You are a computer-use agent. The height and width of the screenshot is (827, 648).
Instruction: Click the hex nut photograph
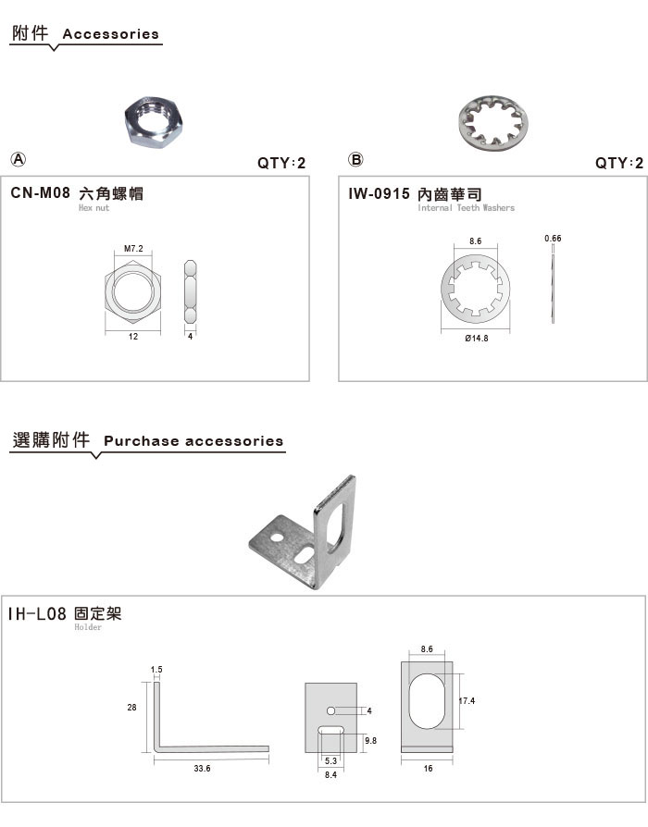coord(154,122)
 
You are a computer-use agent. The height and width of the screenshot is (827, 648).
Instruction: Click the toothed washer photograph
coord(492,123)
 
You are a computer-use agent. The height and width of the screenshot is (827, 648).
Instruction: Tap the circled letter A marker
coord(19,159)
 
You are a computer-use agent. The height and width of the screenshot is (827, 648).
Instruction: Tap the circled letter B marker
coord(355,159)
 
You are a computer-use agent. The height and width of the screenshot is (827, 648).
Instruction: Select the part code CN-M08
coord(40,193)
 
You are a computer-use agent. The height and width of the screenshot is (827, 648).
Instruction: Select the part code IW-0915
coord(379,193)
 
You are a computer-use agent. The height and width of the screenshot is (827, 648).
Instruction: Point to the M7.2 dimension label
coord(133,249)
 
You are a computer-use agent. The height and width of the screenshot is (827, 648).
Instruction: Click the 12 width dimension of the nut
coord(133,337)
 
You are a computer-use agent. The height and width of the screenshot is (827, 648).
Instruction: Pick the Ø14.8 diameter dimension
coord(477,339)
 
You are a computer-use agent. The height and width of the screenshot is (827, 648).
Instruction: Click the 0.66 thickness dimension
coord(553,239)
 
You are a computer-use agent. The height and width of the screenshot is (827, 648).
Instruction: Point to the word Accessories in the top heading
coord(111,34)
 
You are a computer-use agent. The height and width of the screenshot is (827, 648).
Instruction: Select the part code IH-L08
coord(37,613)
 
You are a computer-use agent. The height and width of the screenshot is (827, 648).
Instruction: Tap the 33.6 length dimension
coord(202,769)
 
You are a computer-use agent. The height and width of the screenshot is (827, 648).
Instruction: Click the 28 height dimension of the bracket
coord(132,708)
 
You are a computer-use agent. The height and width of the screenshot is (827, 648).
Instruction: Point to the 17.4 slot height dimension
coord(467,701)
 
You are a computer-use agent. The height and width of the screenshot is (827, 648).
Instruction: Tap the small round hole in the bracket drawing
coord(330,710)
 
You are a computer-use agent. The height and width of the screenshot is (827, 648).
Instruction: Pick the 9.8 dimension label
coord(371,741)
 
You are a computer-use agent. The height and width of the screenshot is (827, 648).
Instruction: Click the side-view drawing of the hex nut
coord(191,291)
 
